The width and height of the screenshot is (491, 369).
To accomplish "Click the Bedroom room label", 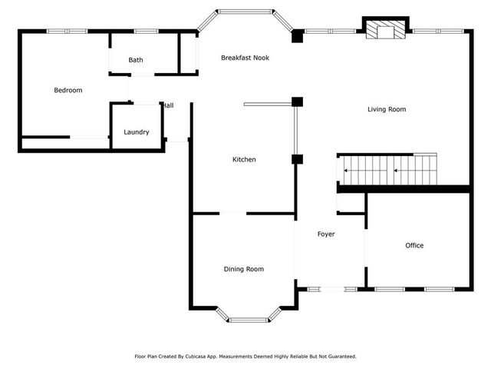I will [68, 91].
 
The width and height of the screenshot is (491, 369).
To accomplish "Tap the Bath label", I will [135, 60].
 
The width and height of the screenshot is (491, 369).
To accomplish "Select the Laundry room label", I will [137, 132].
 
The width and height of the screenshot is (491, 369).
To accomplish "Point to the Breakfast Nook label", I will [245, 58].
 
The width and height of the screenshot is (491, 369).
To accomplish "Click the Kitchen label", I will [244, 159].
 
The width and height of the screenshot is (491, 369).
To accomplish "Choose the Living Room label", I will [386, 109].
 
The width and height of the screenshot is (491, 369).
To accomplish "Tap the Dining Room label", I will [243, 269].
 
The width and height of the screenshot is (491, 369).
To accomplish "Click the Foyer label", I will [326, 234].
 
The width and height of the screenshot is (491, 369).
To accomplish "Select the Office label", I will [414, 246].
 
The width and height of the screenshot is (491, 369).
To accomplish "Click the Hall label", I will [168, 105].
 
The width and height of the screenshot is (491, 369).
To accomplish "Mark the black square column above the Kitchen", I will [298, 101].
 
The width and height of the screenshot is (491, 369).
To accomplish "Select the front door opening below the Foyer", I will [321, 289].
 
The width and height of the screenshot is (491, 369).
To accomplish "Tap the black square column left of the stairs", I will [298, 159].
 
